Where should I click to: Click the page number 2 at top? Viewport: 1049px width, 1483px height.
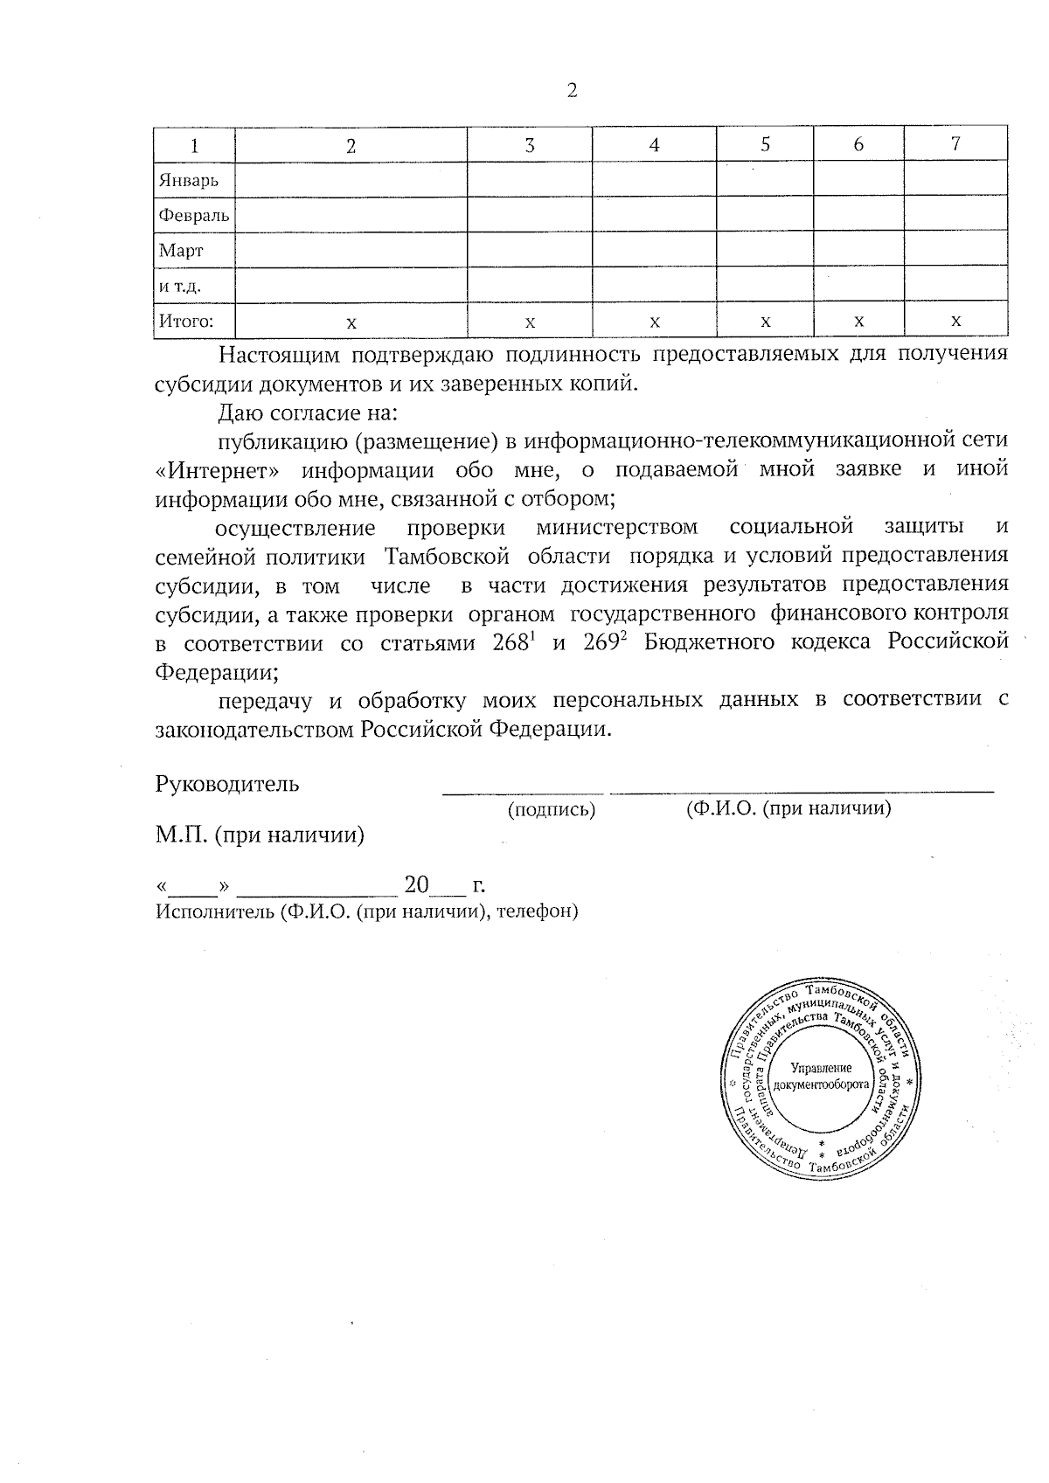[572, 91]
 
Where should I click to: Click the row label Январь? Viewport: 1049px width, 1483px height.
[188, 181]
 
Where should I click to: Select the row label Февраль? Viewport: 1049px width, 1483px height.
[194, 216]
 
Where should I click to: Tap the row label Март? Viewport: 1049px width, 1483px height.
[181, 252]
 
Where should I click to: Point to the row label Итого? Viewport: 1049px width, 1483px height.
[184, 321]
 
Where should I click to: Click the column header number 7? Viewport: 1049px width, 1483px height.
[955, 144]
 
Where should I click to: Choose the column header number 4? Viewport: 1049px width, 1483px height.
[654, 146]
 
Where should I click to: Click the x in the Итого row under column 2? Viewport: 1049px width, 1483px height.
[351, 322]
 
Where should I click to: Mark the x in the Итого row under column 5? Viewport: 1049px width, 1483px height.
[765, 322]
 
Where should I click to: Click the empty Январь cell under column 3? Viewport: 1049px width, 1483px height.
[529, 181]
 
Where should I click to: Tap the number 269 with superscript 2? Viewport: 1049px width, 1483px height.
[605, 643]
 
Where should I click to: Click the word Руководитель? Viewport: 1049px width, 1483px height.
[227, 784]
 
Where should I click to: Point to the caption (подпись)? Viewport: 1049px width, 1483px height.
[552, 810]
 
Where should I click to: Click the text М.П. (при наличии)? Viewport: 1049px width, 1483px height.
[260, 835]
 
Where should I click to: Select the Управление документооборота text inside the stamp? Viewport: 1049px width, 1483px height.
[820, 1076]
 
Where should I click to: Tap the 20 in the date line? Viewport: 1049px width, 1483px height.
[416, 885]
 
